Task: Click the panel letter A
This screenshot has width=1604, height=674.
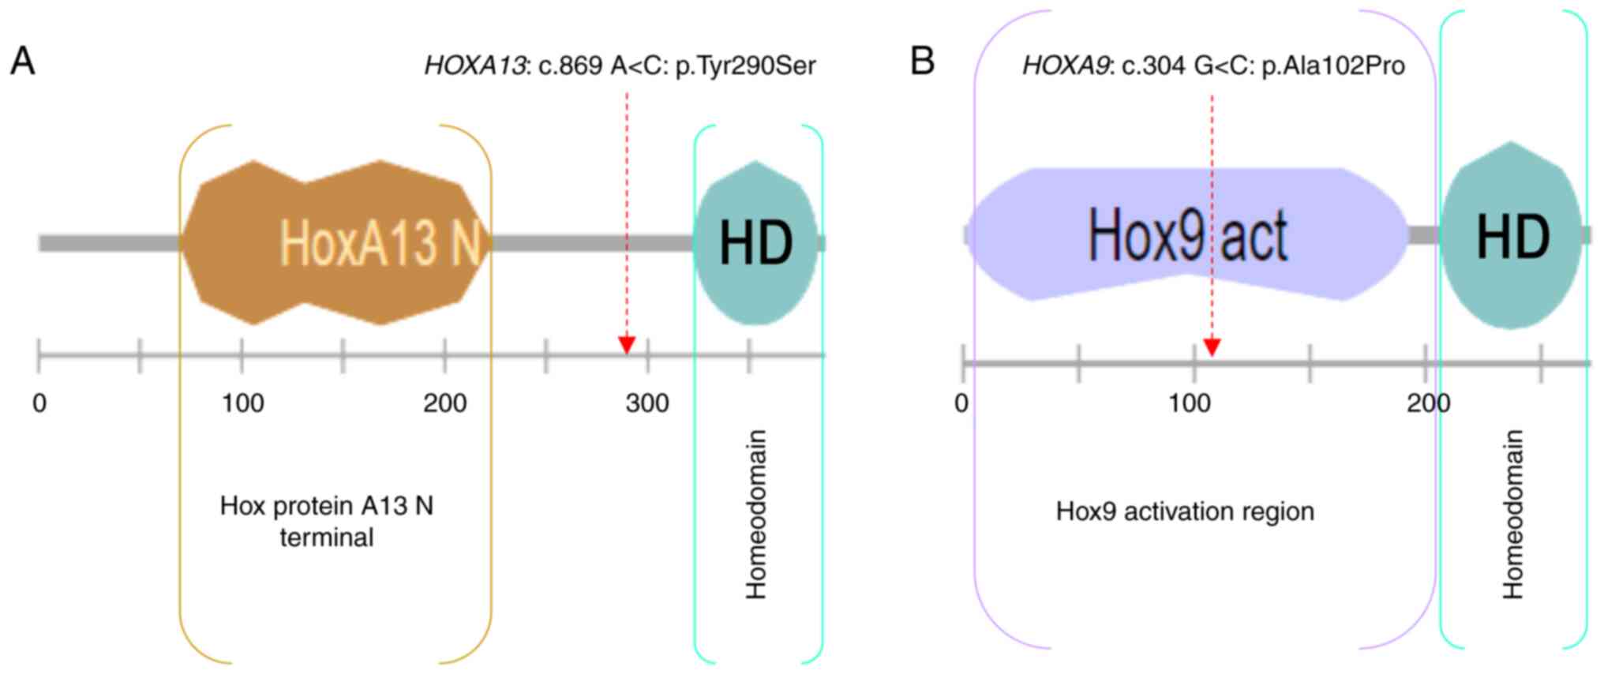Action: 22,62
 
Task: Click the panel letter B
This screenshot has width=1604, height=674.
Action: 922,62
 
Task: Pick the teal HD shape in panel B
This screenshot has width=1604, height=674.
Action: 1512,236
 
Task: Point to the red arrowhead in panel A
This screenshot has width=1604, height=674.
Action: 627,345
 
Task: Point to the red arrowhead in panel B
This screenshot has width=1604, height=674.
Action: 1212,347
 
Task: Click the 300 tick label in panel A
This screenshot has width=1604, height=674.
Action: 647,403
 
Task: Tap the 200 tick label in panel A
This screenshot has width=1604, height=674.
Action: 444,403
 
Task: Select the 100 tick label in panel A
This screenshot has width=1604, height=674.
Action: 242,403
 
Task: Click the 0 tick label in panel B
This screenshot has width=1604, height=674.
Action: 961,403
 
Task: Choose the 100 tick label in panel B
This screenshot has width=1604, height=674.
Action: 1189,403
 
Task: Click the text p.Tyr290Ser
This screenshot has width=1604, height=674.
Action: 746,66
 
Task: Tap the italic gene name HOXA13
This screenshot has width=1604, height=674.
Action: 474,66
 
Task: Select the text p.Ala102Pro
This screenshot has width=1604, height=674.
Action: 1333,66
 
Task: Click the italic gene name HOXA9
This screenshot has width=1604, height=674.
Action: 1066,66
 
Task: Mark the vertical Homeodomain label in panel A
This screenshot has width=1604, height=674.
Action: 756,514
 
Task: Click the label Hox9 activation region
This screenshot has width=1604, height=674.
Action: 1185,511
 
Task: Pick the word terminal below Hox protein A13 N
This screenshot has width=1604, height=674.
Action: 326,537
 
